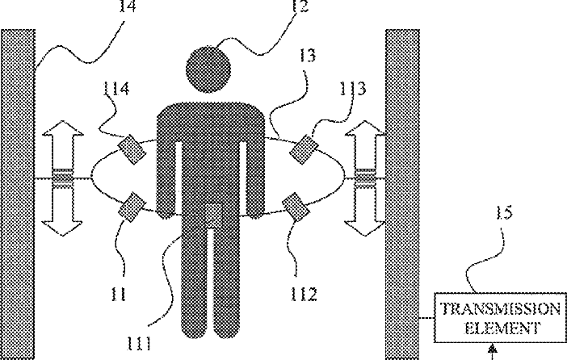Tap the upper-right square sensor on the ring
click(304, 149)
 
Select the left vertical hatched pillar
click(19, 194)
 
